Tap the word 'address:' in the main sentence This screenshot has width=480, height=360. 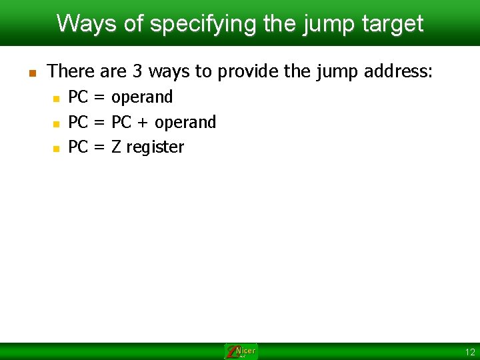click(x=397, y=71)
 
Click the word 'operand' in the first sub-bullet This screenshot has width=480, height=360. click(x=142, y=97)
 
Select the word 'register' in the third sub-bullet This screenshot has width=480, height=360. click(x=155, y=147)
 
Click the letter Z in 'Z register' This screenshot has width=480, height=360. click(x=116, y=147)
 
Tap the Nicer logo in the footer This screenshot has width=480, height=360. click(x=241, y=351)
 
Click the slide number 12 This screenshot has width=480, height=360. click(x=470, y=352)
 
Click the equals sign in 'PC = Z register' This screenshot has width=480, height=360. click(x=99, y=147)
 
